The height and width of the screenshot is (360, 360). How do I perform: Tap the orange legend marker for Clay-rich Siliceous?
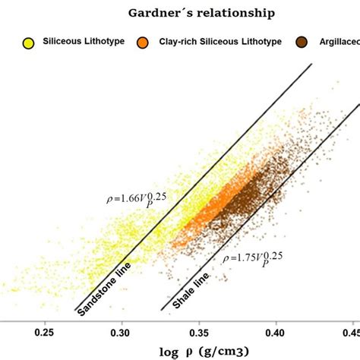click(143, 43)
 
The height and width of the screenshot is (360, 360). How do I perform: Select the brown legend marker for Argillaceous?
click(303, 43)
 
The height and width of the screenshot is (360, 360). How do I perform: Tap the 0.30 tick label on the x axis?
click(122, 332)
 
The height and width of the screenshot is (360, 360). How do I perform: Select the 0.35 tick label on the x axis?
click(199, 332)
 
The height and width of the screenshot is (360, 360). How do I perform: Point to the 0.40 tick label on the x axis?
click(276, 332)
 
